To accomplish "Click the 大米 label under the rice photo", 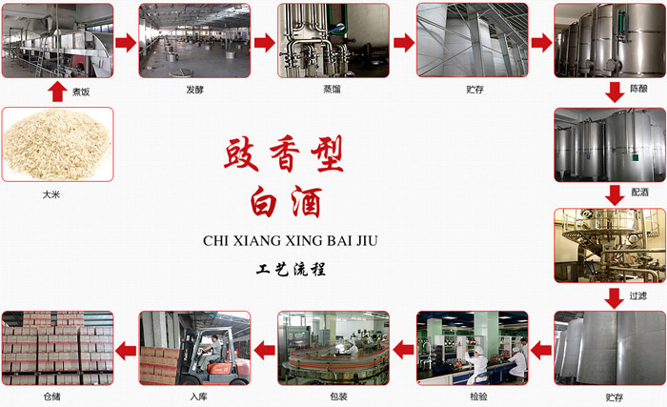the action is (x=51, y=194).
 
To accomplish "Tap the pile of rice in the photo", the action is (x=57, y=144).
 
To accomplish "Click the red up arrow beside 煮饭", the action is (x=57, y=92).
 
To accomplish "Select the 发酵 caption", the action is (x=194, y=90).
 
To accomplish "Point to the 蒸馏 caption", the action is (x=332, y=89).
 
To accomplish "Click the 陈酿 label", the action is (x=639, y=89).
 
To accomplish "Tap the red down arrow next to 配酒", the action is (x=615, y=195).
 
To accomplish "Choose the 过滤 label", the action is (x=638, y=295).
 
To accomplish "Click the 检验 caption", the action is (x=478, y=397).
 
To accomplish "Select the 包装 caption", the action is (x=338, y=397).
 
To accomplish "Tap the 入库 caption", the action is (x=198, y=397).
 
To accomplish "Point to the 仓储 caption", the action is (x=51, y=397).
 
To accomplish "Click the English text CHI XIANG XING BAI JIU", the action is (x=290, y=241).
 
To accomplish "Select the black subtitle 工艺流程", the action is (x=291, y=269).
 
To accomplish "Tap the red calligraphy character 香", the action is (x=285, y=154).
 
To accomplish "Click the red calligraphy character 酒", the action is (x=307, y=202).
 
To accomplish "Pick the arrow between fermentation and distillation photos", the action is (x=265, y=42).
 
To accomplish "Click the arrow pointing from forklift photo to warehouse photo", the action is (x=126, y=351).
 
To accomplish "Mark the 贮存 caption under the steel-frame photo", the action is (x=475, y=90).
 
